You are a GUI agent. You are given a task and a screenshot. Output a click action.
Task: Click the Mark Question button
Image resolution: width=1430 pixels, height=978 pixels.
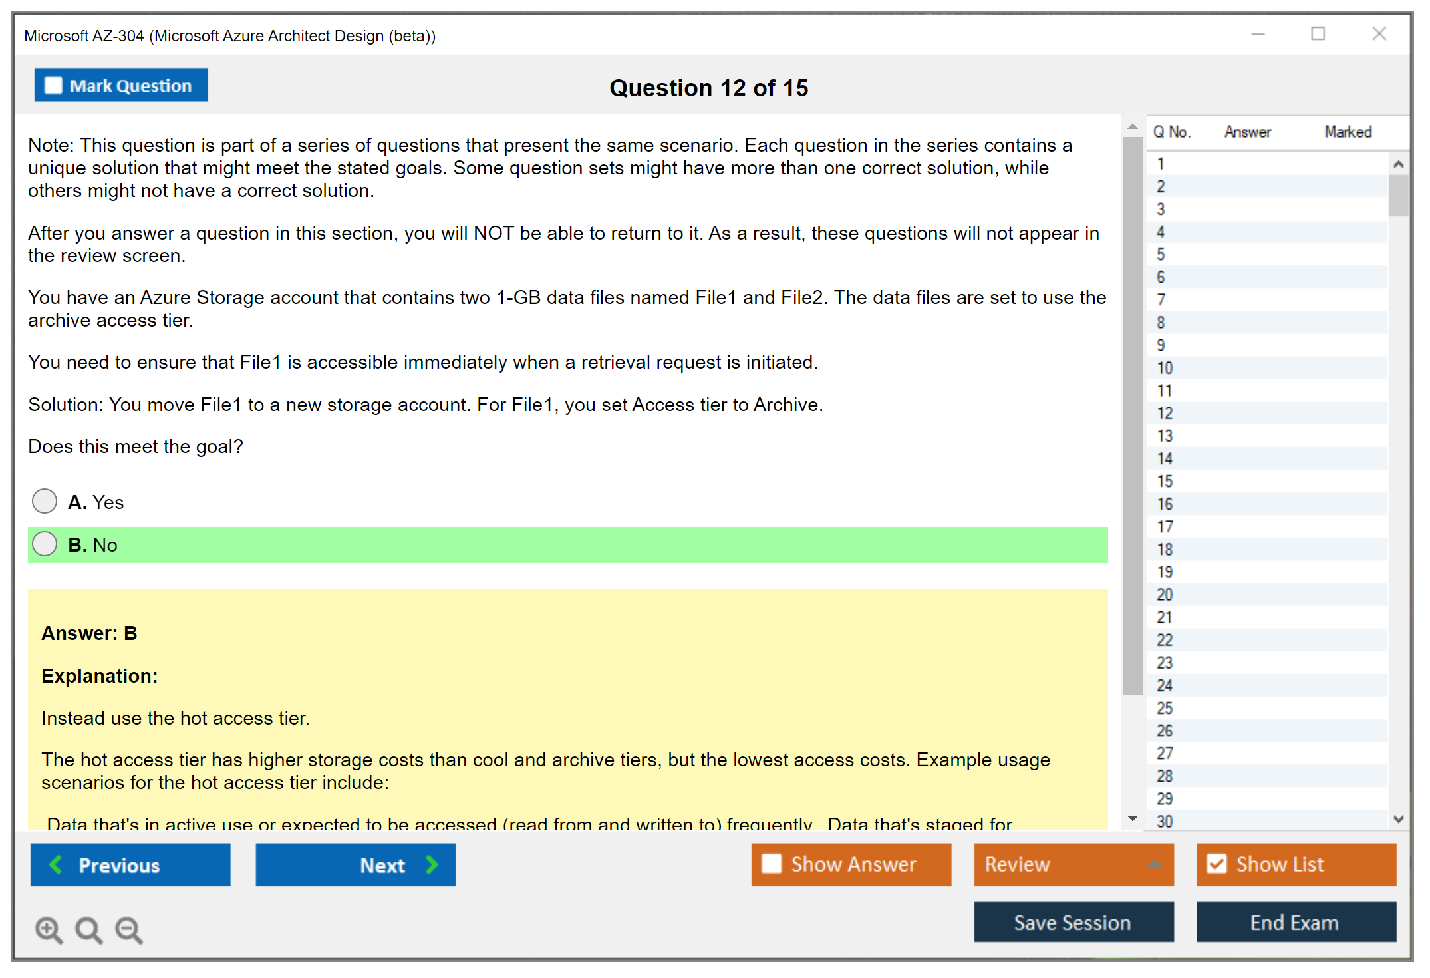point(121,85)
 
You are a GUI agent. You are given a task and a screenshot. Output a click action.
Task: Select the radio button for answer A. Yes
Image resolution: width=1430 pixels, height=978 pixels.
point(45,502)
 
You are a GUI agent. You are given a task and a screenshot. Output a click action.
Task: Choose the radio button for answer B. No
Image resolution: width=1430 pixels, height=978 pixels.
point(45,544)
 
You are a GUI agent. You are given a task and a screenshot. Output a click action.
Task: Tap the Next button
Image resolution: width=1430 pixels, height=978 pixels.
point(356,865)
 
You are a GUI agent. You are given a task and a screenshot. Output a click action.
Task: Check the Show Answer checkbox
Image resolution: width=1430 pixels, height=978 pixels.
point(772,864)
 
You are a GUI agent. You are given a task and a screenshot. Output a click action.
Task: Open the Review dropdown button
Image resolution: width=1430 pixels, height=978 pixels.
point(1074,865)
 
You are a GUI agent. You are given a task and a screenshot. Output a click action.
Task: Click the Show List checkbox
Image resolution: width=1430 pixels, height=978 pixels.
point(1217,864)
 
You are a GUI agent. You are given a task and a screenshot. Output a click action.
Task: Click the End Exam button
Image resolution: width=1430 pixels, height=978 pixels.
point(1296,923)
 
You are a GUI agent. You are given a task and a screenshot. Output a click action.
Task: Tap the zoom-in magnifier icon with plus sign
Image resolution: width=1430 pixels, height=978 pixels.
point(49,930)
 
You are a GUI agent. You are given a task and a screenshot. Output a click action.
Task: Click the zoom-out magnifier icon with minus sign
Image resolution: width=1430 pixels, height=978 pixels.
point(129,930)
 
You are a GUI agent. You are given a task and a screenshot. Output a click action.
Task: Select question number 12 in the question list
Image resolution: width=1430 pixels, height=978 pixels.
point(1165,413)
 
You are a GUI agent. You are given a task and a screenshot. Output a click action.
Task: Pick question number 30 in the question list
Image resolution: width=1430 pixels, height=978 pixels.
point(1165,822)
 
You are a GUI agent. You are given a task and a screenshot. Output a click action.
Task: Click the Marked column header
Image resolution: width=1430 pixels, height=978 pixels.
point(1348,132)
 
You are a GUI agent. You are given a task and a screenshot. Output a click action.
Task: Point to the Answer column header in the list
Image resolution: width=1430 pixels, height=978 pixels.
point(1248,132)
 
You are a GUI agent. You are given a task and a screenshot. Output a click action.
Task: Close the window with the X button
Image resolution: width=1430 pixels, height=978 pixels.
point(1379,33)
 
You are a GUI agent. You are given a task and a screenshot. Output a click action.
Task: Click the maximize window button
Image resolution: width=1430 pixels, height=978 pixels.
point(1318,33)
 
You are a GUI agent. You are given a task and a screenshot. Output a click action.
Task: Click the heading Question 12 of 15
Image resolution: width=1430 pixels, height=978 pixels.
point(709,88)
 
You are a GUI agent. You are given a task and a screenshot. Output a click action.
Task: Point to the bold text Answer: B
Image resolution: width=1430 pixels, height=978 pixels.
point(89,633)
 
